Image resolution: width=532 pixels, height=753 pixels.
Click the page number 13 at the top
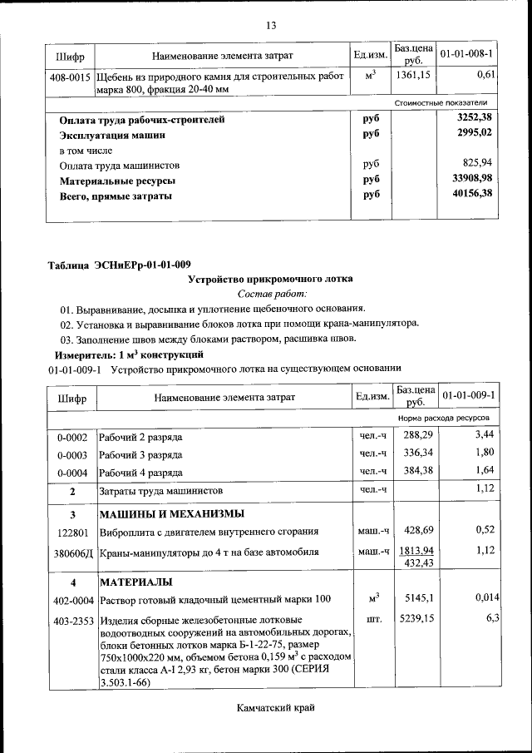[x=270, y=25]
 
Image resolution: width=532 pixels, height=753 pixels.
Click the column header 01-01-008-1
[x=466, y=55]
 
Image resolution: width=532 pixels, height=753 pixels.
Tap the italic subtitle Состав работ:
[x=272, y=294]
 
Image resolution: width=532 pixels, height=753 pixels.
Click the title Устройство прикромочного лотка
[x=271, y=279]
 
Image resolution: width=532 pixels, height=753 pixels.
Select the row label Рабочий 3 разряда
[x=141, y=454]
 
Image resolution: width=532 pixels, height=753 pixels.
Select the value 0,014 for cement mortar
[x=486, y=597]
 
